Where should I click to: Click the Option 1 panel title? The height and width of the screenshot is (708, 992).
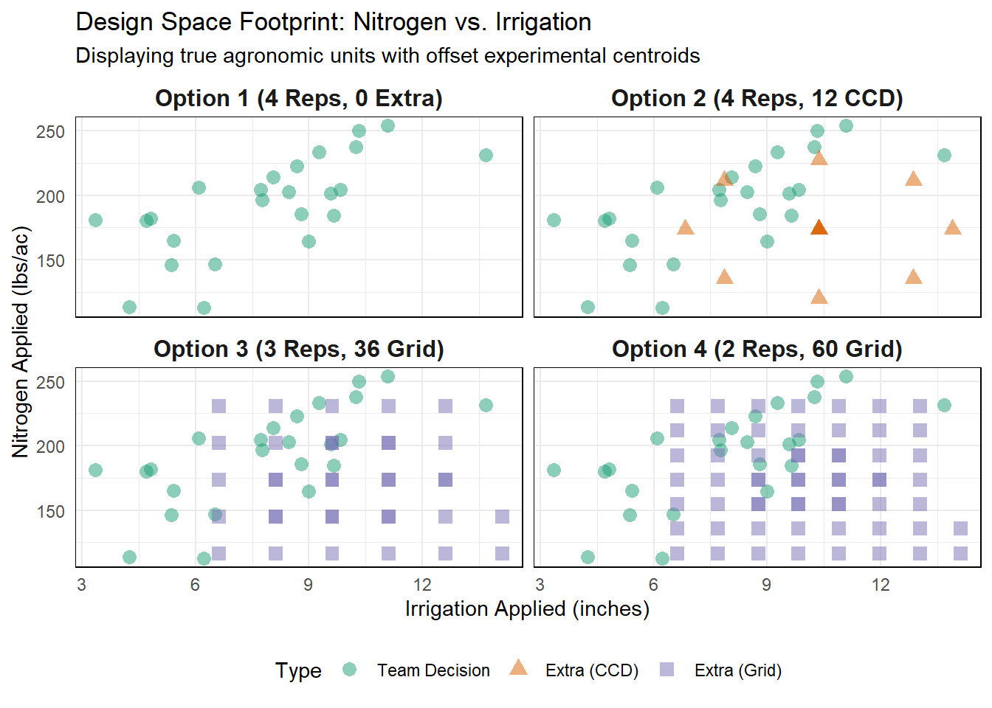[298, 98]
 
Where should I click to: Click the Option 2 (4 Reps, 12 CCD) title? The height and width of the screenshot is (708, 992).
[757, 98]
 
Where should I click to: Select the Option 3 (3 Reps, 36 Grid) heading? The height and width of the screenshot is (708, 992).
[298, 349]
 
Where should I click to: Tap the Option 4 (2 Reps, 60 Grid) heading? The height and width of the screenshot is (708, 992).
[757, 349]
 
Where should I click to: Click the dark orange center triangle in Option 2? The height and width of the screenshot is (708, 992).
[819, 228]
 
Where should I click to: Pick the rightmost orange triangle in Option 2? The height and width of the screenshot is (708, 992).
[952, 228]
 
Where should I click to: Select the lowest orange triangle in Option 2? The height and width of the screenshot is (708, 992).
[819, 297]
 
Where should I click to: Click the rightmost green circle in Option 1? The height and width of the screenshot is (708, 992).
[486, 155]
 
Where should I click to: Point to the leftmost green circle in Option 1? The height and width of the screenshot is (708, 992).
[95, 220]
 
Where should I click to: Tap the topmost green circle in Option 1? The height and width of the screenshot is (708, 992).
[387, 125]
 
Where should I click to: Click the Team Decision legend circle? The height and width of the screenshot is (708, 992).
[350, 670]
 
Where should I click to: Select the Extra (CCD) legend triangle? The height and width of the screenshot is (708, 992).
[519, 668]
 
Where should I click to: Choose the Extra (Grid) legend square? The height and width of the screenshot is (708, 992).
[666, 670]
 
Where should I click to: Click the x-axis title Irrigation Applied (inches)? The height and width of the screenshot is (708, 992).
[527, 608]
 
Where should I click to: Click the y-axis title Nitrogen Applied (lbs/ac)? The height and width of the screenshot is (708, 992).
[21, 341]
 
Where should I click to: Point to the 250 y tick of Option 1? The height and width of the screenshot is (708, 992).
[50, 132]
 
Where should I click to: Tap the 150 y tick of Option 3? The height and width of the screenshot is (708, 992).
[50, 511]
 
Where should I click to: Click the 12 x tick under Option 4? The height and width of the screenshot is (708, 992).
[881, 585]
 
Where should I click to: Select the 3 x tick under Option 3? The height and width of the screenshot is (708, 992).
[81, 585]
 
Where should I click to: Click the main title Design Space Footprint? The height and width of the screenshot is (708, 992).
[333, 22]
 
